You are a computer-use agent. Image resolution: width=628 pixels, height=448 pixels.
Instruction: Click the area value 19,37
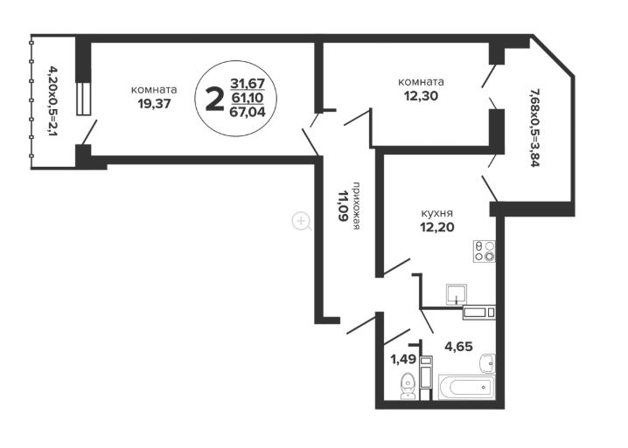154,104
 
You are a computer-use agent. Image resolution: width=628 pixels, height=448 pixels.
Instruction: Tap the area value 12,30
421,96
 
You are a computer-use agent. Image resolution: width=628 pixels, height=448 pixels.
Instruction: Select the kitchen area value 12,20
437,227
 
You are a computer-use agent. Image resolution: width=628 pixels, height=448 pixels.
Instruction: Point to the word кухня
437,212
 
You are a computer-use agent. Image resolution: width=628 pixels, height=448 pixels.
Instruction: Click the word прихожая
356,206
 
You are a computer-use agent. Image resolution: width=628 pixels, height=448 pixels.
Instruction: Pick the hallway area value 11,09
343,206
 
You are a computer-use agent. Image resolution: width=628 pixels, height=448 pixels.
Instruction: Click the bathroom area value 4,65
458,347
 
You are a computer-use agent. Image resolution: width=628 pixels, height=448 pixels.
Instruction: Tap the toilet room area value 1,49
404,360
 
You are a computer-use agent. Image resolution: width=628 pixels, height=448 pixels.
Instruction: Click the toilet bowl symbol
408,386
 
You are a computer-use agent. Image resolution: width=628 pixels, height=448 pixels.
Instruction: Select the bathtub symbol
467,386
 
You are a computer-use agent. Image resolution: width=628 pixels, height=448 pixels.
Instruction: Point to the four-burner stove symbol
485,252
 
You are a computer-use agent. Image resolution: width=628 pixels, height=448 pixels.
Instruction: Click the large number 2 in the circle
214,100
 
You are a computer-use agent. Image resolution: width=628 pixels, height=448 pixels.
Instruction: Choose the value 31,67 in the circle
248,84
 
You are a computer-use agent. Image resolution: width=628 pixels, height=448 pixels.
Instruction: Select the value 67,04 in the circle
248,112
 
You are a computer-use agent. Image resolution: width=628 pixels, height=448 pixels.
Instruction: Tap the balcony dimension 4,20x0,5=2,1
52,101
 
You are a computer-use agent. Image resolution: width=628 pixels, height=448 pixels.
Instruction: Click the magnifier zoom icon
301,221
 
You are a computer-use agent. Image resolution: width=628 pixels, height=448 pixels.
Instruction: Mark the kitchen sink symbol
457,295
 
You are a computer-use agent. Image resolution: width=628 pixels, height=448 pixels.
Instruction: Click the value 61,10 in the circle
248,98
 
